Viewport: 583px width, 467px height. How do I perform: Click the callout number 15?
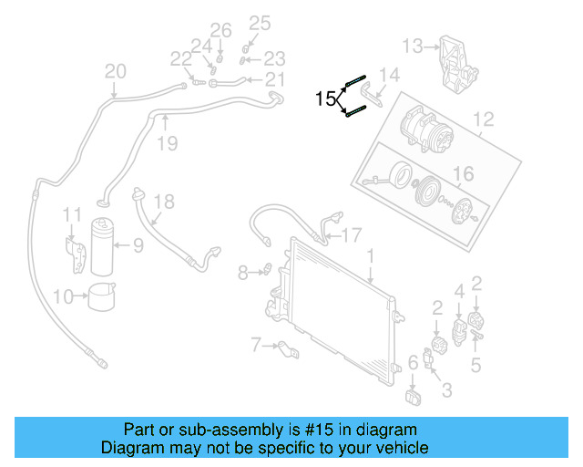pos(325,99)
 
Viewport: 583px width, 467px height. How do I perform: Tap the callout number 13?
pos(413,46)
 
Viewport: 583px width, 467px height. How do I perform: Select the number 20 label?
pos(116,71)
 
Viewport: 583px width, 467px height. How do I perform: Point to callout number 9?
pos(138,244)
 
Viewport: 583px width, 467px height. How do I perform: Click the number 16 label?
pos(464,174)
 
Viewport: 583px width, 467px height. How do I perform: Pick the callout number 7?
pos(257,344)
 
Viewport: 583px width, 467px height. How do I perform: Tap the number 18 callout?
pos(162,201)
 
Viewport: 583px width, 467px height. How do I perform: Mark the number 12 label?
pos(483,119)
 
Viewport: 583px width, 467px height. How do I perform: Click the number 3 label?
pos(446,390)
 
